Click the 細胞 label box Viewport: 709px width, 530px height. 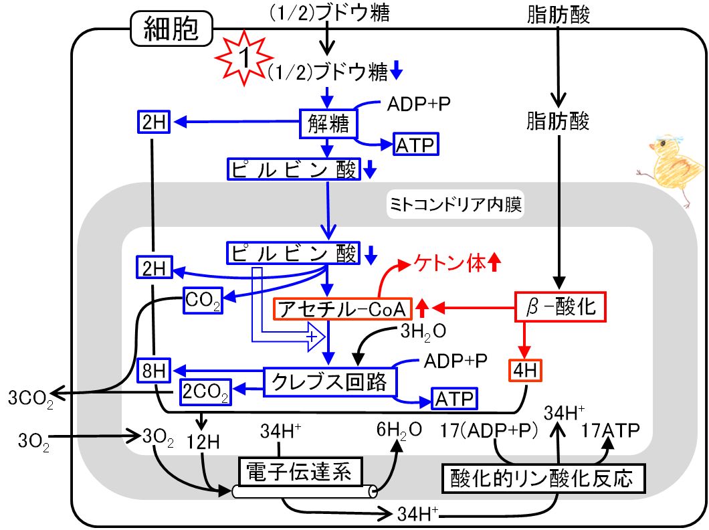pos(171,29)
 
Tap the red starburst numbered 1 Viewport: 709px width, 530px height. pos(244,58)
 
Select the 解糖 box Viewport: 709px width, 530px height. pos(328,123)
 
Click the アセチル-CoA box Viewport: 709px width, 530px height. pos(342,309)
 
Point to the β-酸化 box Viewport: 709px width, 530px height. pos(561,307)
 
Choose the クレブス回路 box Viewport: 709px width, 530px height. pos(330,382)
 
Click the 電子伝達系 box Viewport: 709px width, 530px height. pos(300,471)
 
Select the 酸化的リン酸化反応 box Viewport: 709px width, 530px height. pos(543,478)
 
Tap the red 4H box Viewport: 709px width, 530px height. pos(525,371)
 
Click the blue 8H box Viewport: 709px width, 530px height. pos(154,371)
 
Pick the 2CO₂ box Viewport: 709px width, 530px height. pos(205,391)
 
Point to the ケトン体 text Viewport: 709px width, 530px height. pos(449,263)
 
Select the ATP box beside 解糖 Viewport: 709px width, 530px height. pos(415,145)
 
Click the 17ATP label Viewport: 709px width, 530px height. pos(610,430)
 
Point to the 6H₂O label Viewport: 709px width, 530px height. pos(399,430)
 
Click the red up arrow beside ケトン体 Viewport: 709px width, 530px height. pos(494,262)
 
